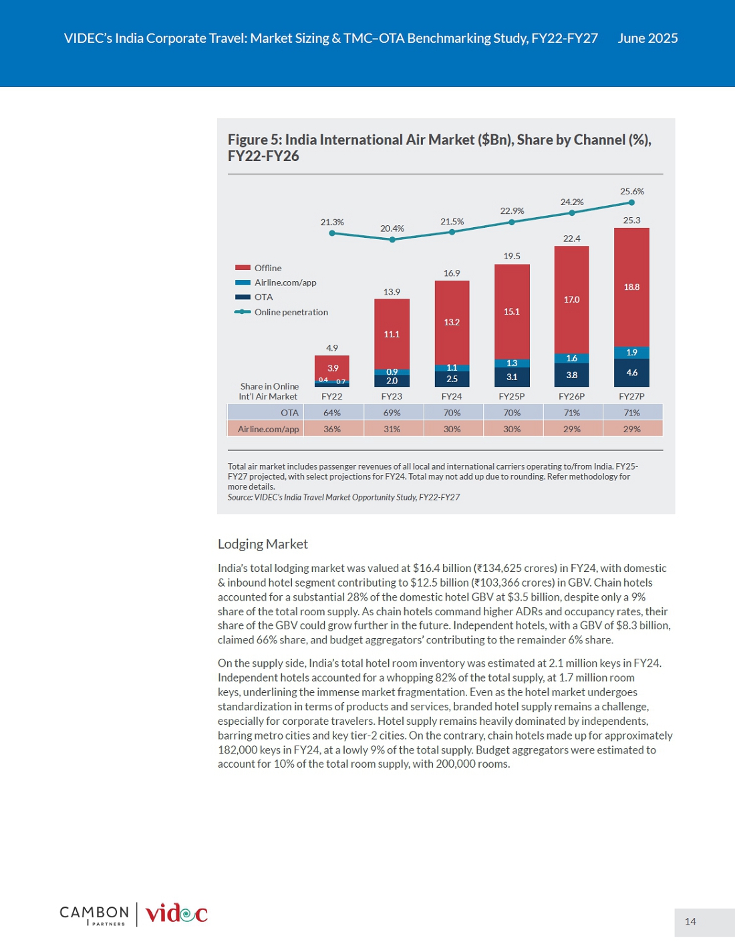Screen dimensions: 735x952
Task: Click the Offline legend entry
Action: pyautogui.click(x=259, y=268)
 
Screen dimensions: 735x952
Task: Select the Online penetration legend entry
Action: pyautogui.click(x=281, y=312)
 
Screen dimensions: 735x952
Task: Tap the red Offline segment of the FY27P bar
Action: pyautogui.click(x=631, y=287)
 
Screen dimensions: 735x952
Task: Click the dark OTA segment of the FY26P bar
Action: pyautogui.click(x=571, y=375)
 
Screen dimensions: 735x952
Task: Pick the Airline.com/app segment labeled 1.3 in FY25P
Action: pyautogui.click(x=512, y=363)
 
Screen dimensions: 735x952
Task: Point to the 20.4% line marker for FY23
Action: pyautogui.click(x=392, y=240)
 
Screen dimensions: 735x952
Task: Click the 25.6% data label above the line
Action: pyautogui.click(x=631, y=192)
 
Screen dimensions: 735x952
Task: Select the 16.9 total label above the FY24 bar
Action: pyautogui.click(x=452, y=273)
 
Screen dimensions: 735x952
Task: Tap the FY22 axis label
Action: pyautogui.click(x=331, y=396)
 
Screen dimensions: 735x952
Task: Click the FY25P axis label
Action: pyautogui.click(x=512, y=396)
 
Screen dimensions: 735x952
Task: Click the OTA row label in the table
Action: pyautogui.click(x=289, y=413)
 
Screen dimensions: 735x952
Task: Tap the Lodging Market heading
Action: pyautogui.click(x=263, y=544)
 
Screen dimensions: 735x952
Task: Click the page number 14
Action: pyautogui.click(x=690, y=922)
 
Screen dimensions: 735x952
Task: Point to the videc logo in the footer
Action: pyautogui.click(x=176, y=915)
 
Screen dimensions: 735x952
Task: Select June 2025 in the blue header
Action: pyautogui.click(x=647, y=39)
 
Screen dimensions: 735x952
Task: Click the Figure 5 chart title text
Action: pyautogui.click(x=440, y=148)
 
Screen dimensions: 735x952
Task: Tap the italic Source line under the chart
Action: pyautogui.click(x=343, y=497)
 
